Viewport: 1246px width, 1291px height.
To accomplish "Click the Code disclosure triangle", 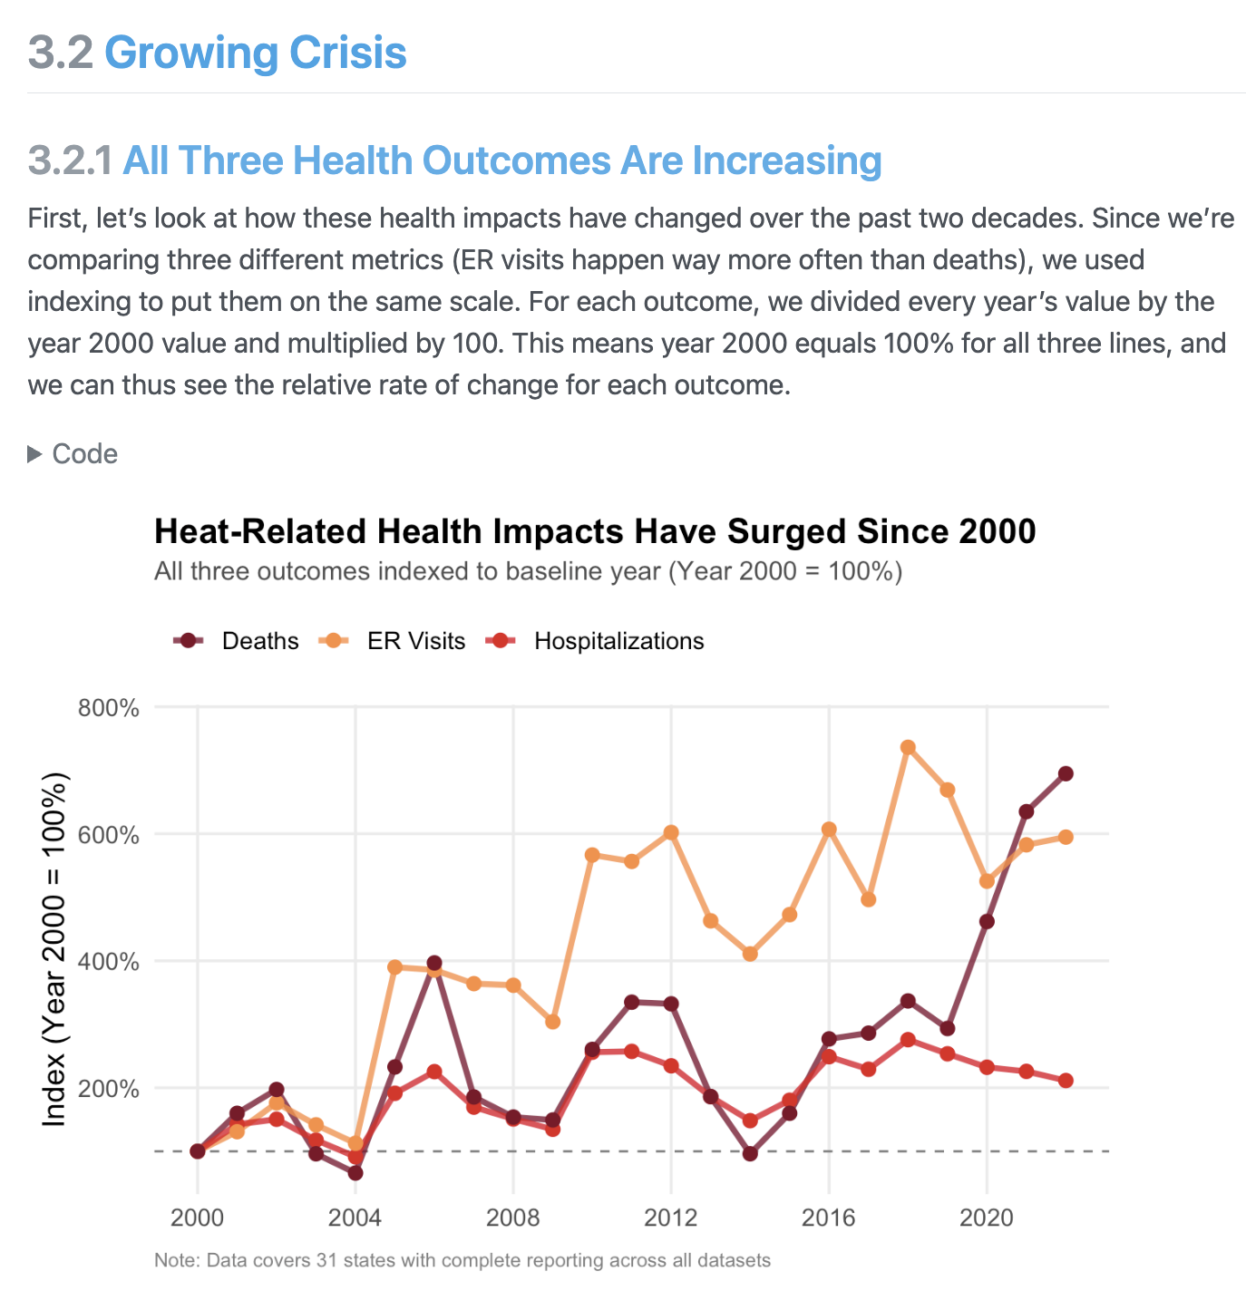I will pyautogui.click(x=35, y=454).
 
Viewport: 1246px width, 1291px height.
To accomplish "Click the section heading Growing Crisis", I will pyautogui.click(x=255, y=53).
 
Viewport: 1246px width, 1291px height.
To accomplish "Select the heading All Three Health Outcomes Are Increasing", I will pyautogui.click(x=501, y=160).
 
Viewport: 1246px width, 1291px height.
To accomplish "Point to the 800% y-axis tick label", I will pyautogui.click(x=109, y=707).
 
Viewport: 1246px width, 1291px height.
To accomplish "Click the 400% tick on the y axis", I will pyautogui.click(x=109, y=961).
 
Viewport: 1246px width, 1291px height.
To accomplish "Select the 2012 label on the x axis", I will pyautogui.click(x=670, y=1217).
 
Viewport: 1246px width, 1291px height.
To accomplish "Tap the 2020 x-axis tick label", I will pyautogui.click(x=986, y=1217).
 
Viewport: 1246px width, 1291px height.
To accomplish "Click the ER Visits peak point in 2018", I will pyautogui.click(x=908, y=747).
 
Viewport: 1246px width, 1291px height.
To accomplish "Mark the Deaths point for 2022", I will pyautogui.click(x=1066, y=773).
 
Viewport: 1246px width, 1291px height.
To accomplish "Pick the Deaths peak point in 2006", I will pyautogui.click(x=434, y=963).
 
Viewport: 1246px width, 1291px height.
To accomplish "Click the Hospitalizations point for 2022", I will pyautogui.click(x=1066, y=1080).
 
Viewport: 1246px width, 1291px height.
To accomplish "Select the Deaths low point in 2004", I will pyautogui.click(x=355, y=1172).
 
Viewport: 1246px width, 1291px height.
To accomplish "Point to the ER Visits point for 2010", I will pyautogui.click(x=592, y=855).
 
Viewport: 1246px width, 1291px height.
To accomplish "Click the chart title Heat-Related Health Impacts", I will pyautogui.click(x=595, y=531).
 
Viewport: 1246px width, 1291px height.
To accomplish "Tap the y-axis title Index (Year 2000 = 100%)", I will pyautogui.click(x=55, y=949).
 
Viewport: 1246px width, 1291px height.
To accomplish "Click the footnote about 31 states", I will pyautogui.click(x=462, y=1260).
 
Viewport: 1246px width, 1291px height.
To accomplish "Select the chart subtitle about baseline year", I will pyautogui.click(x=528, y=572).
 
